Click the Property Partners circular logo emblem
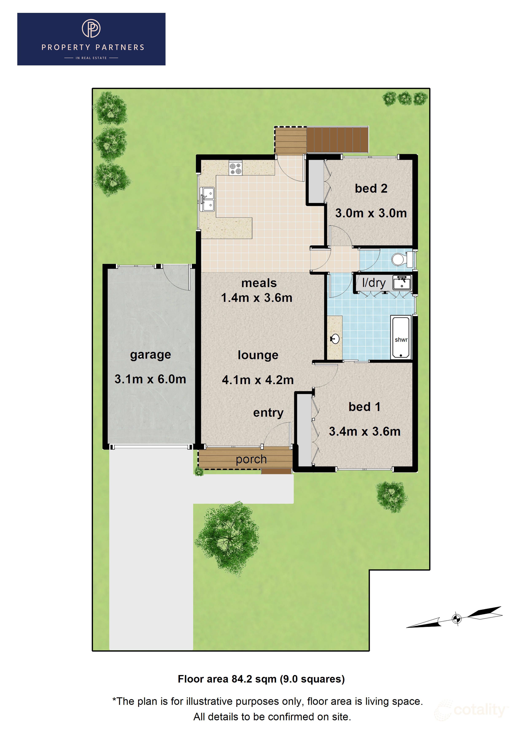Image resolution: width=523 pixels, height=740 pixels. coord(91,28)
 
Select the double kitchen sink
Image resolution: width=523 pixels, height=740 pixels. coord(207,199)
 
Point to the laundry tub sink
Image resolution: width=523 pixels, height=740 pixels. coord(402,283)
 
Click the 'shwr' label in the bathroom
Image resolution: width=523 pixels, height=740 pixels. coord(401,340)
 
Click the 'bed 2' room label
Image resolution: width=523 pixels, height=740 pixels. coord(371,189)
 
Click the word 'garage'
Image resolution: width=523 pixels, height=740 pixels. coord(151,355)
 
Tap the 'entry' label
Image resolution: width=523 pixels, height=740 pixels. coord(268,413)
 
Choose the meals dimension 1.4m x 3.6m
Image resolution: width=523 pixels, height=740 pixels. coord(257,298)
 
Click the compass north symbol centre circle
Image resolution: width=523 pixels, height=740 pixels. coord(456,618)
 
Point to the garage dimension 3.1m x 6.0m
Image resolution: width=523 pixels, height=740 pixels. coord(151,379)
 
